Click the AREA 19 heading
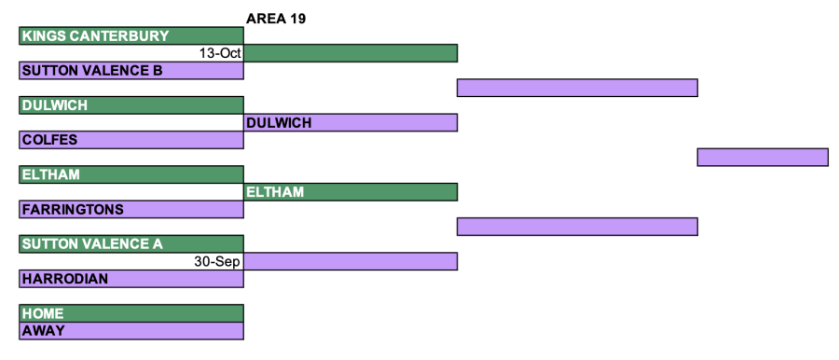(276, 20)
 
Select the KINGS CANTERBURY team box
(131, 35)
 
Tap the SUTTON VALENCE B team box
(131, 71)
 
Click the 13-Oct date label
(220, 53)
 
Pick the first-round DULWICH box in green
(131, 105)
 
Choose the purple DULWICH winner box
(351, 123)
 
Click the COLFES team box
(131, 140)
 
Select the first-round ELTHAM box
(131, 174)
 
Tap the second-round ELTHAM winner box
(351, 192)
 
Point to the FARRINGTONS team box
(131, 210)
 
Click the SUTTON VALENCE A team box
(131, 243)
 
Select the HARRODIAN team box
(131, 279)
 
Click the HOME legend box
(131, 313)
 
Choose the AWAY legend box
(131, 330)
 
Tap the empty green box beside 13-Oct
(351, 53)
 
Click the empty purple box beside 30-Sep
(351, 261)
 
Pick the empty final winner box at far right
(763, 157)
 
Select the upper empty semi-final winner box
(577, 88)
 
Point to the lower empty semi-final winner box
(577, 227)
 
